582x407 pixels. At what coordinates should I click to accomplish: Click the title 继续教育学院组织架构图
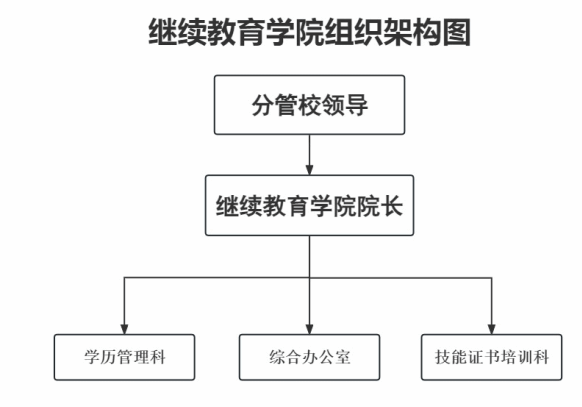tap(310, 32)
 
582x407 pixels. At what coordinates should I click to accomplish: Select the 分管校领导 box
tap(310, 105)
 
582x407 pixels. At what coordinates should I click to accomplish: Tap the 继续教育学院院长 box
tap(310, 206)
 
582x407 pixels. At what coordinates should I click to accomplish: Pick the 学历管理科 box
tap(124, 357)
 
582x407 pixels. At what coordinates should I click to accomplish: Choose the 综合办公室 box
tap(310, 357)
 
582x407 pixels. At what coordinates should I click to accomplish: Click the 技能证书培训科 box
tap(491, 357)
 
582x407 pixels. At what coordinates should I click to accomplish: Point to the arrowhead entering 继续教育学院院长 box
tap(310, 170)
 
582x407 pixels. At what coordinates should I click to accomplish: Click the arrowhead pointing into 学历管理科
tap(124, 329)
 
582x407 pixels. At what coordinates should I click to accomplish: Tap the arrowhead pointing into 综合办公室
tap(310, 329)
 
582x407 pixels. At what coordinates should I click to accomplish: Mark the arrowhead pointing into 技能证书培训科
tap(491, 329)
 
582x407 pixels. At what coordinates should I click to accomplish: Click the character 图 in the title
tap(457, 32)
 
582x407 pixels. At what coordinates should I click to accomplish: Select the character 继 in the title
tap(163, 32)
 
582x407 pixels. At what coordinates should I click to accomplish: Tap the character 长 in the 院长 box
tap(392, 206)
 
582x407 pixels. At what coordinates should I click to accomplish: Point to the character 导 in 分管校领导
tap(356, 105)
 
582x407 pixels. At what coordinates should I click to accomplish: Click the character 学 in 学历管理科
tap(91, 357)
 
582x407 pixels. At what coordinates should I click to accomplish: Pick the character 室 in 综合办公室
tap(343, 357)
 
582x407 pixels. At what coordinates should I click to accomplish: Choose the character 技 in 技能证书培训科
tap(443, 357)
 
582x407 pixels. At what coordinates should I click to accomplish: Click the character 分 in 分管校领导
tap(263, 105)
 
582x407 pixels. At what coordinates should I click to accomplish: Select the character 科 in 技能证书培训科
tap(541, 357)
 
